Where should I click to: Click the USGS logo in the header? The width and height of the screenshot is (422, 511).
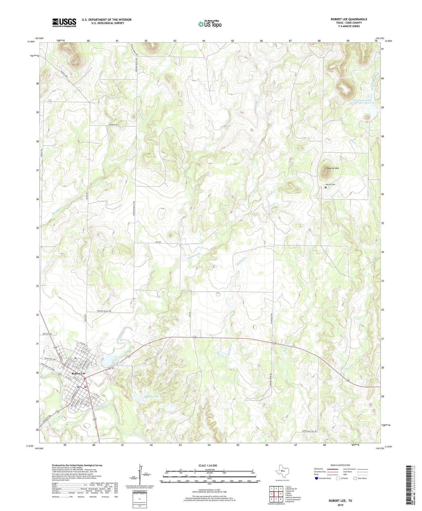[x=64, y=23]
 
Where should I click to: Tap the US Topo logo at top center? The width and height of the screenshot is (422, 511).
[x=210, y=24]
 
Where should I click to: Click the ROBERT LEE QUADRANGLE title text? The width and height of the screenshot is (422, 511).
[x=349, y=19]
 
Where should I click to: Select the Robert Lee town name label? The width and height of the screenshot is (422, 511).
[x=78, y=373]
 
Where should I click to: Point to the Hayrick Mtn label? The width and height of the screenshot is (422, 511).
[x=333, y=168]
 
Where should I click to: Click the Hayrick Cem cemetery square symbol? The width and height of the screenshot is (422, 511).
[x=326, y=187]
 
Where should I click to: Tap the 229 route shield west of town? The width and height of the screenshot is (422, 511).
[x=60, y=374]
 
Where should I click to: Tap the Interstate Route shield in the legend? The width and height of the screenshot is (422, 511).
[x=316, y=478]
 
